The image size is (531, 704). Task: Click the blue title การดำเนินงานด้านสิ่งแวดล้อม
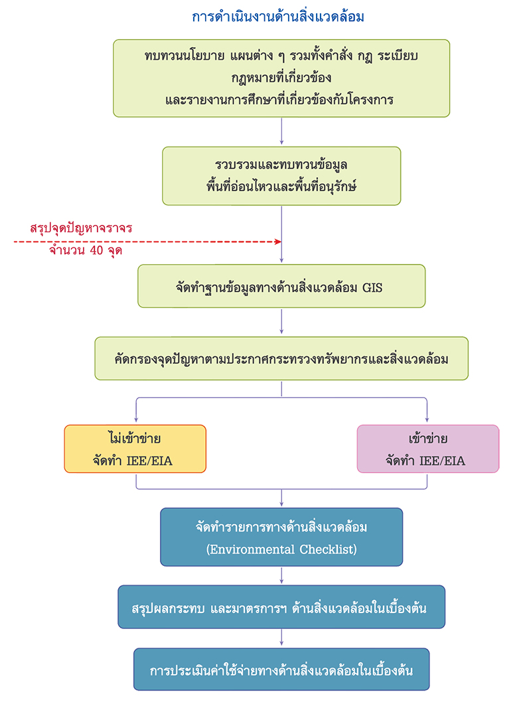(277, 17)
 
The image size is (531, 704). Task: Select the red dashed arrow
(146, 242)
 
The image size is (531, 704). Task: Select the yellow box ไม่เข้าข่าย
(135, 449)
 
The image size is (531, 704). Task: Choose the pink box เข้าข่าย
(427, 449)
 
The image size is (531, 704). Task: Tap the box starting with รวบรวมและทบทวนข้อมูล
(281, 176)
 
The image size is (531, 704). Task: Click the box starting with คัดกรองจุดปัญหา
(281, 358)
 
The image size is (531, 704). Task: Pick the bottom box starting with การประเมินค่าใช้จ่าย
(281, 669)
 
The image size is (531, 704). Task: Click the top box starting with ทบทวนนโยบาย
(281, 78)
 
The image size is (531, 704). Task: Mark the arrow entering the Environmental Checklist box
(281, 499)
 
